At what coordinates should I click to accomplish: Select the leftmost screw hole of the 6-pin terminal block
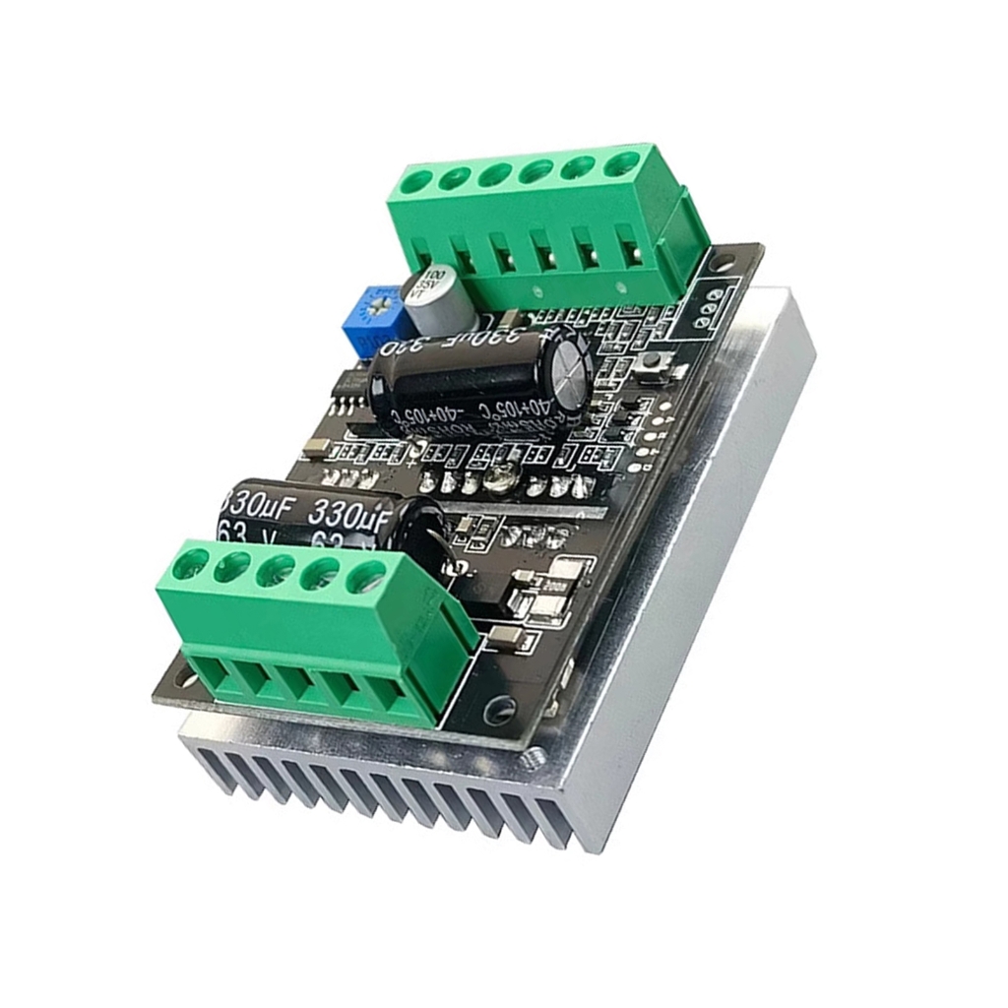pos(416,182)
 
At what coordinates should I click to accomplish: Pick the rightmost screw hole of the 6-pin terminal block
pos(620,161)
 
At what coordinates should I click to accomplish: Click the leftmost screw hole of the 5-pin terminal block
pos(189,565)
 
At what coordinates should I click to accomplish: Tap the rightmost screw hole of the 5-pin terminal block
pos(365,578)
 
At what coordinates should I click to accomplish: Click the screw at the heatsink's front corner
pos(534,757)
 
